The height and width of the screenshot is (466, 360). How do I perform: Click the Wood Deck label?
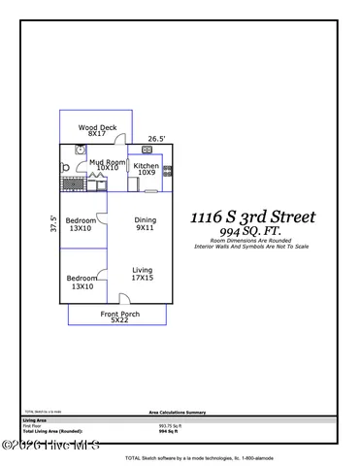(99, 126)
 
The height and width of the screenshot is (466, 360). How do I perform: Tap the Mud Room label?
(108, 162)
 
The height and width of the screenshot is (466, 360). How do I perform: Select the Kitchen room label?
(147, 166)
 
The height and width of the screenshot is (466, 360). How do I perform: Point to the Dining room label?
(145, 220)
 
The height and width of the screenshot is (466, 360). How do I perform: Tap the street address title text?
(251, 216)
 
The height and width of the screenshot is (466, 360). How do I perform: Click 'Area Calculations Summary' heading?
(180, 412)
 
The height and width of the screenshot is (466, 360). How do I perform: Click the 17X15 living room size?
(143, 279)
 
